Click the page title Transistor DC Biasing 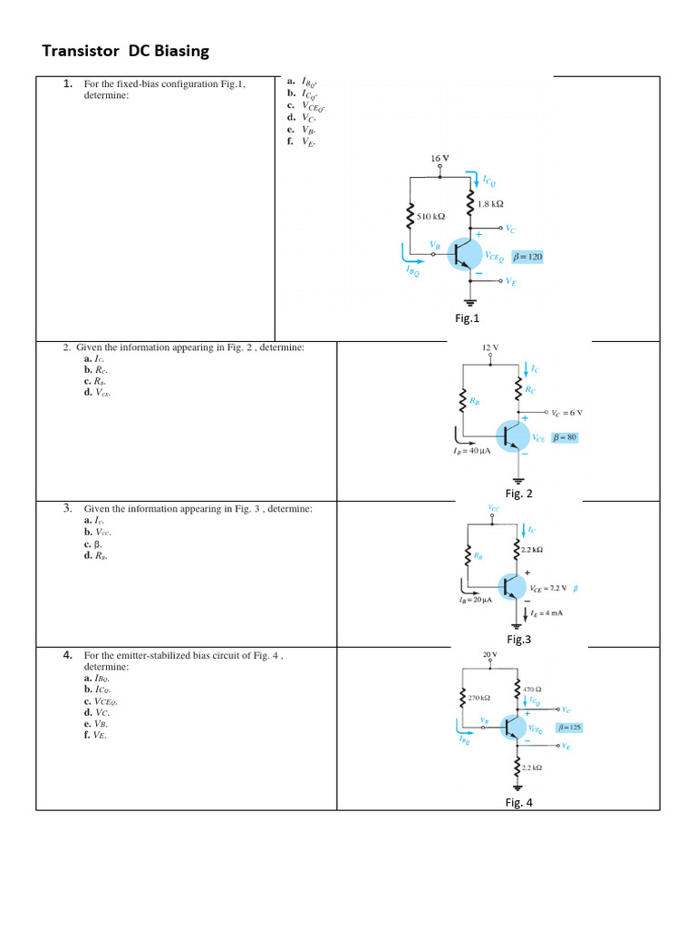click(125, 52)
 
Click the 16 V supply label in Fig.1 click(440, 158)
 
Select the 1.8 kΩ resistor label click(490, 205)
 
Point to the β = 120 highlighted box click(527, 257)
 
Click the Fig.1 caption click(467, 318)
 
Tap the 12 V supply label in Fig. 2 click(490, 347)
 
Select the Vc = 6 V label click(566, 412)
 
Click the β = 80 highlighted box click(565, 437)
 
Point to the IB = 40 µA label click(471, 451)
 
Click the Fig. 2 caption click(518, 494)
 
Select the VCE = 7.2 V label click(548, 587)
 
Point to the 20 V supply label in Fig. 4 click(490, 653)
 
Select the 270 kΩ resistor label click(478, 698)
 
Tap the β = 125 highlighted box click(570, 728)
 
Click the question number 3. click(68, 509)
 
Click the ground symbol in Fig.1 click(470, 302)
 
